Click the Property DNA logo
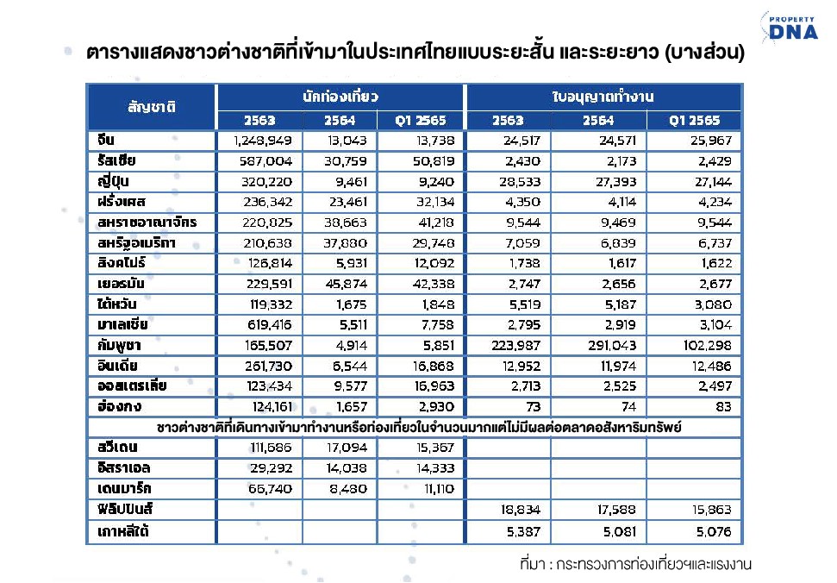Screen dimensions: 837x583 790,27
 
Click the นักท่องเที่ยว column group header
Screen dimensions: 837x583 340,97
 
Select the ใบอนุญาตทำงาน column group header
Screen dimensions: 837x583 603,97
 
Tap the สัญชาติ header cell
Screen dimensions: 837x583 152,107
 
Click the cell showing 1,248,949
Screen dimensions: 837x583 263,141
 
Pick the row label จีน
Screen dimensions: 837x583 106,140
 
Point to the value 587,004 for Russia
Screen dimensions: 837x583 265,161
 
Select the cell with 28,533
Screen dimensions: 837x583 520,182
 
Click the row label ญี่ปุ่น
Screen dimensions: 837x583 113,182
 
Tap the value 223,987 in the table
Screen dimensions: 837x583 515,346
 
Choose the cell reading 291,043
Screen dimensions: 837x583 612,346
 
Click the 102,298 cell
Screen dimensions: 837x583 708,346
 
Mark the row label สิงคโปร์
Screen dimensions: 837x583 122,263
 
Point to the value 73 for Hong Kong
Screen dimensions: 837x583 534,407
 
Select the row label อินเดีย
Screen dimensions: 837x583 117,366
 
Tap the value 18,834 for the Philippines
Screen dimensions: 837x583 521,510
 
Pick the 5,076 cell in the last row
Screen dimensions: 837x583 714,532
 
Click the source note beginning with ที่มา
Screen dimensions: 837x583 636,564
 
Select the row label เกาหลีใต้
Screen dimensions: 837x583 122,531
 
